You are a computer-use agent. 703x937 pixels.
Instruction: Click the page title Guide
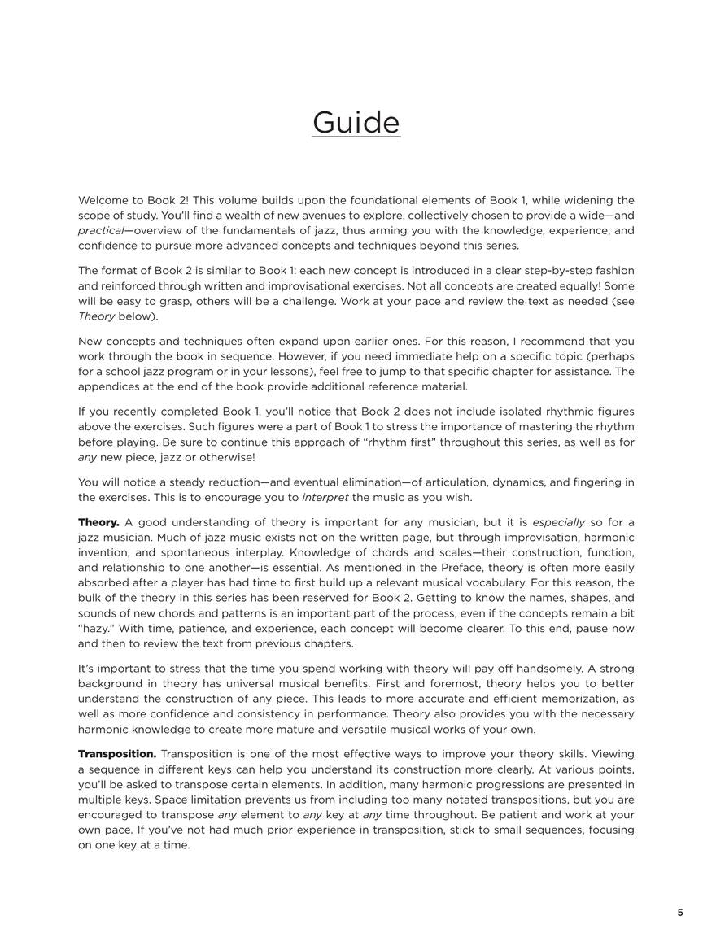(x=356, y=123)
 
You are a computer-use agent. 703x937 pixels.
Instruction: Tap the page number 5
(x=680, y=913)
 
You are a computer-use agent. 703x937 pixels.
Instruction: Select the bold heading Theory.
(x=98, y=522)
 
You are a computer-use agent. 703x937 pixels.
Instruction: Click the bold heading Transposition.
(x=117, y=754)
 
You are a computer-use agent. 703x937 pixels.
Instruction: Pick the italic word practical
(x=100, y=231)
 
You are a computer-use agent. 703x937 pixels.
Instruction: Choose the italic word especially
(x=558, y=522)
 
